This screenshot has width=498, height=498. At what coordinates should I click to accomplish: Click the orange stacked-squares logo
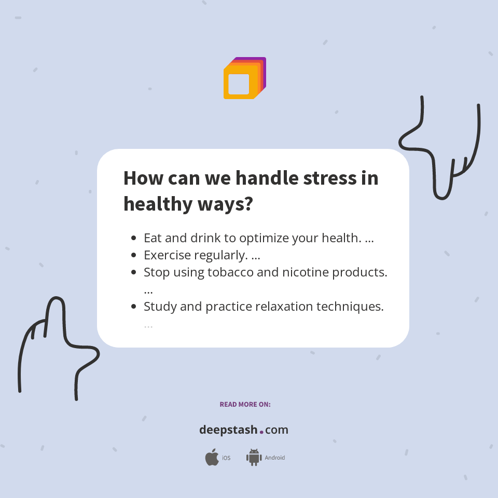[244, 78]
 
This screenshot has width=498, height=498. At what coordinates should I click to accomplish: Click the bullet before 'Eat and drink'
[134, 239]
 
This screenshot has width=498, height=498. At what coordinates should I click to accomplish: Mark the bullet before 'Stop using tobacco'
[134, 272]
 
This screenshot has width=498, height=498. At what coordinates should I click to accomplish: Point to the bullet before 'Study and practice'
[134, 307]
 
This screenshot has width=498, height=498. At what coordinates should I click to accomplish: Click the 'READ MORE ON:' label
[245, 404]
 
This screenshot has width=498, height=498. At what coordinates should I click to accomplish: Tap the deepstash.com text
[244, 430]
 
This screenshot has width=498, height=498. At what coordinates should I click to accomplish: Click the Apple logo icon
[212, 457]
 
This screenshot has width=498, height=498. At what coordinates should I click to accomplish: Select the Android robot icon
[254, 457]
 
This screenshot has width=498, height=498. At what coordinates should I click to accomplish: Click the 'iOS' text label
[226, 458]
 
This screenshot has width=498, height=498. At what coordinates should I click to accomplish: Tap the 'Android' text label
[274, 458]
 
